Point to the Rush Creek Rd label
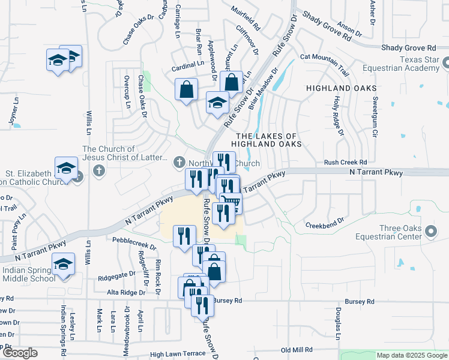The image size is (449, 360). tap(345, 162)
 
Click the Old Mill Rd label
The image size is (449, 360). tap(297, 349)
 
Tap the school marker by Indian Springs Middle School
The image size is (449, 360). tap(63, 265)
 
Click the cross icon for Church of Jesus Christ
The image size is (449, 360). tap(99, 171)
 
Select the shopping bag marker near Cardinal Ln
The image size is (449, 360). tap(187, 90)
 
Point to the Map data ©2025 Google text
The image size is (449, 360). tap(411, 355)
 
